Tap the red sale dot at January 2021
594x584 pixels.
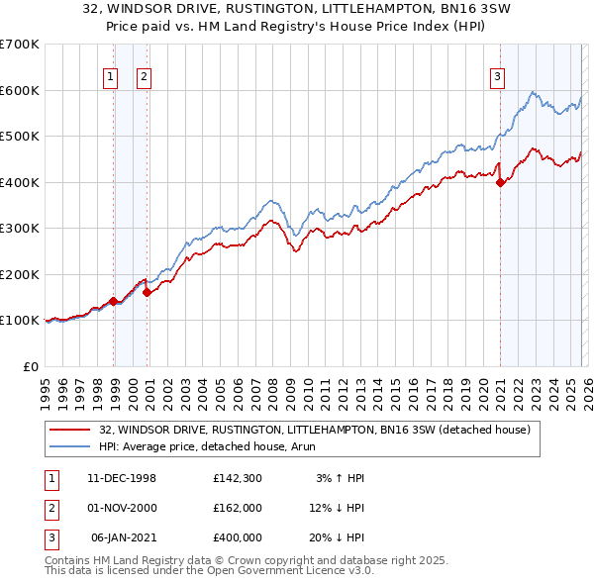click(x=501, y=182)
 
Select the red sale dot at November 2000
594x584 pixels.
click(x=147, y=292)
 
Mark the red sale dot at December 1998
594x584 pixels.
click(x=114, y=301)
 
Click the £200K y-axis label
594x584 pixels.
click(x=20, y=274)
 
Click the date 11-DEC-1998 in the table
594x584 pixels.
click(x=122, y=478)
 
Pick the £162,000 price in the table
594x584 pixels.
click(x=237, y=507)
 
